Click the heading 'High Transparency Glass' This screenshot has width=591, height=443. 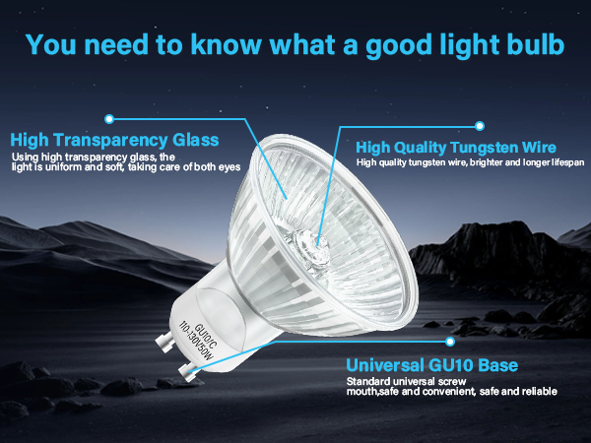[x=113, y=139]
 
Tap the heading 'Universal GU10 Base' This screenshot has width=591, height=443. [x=432, y=366]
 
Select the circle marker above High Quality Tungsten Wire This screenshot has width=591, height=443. [x=480, y=125]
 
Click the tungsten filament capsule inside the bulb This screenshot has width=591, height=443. [x=308, y=239]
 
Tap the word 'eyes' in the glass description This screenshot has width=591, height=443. [x=229, y=167]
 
